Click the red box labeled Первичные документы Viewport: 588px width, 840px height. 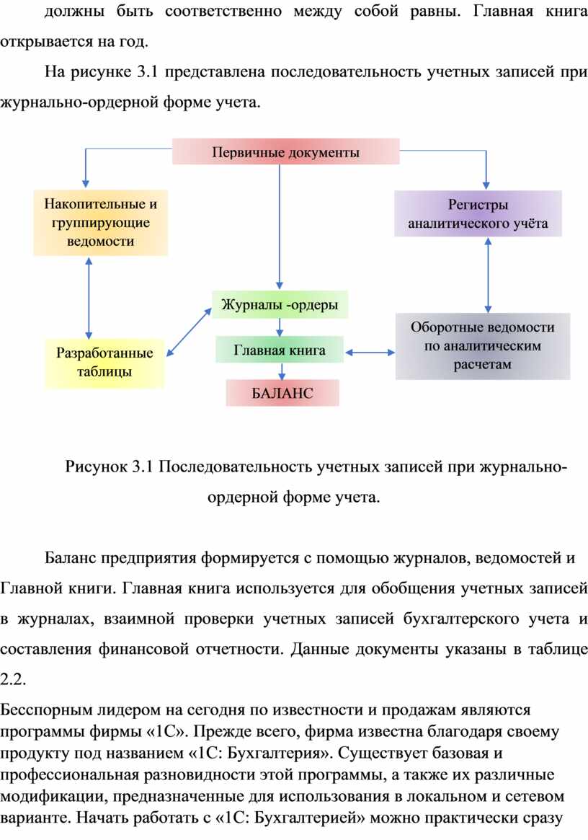tap(285, 151)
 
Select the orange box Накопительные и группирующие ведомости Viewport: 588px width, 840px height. tap(101, 222)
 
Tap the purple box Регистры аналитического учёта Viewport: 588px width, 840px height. tap(478, 213)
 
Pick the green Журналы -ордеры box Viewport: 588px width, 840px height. tap(280, 305)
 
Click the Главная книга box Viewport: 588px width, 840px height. tap(280, 350)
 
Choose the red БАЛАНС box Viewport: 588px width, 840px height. tap(282, 393)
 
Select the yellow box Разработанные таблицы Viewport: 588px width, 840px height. tap(104, 363)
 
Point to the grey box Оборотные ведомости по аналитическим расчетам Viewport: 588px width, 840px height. tap(483, 346)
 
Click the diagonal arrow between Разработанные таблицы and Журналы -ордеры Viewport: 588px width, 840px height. tap(189, 332)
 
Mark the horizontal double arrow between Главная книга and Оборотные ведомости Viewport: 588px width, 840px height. tap(370, 353)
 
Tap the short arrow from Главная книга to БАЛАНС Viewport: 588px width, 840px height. tap(282, 372)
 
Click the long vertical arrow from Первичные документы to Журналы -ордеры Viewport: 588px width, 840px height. tap(279, 227)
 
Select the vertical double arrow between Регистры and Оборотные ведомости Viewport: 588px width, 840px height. tap(488, 275)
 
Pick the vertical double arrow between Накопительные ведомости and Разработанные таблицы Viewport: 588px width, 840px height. tap(89, 298)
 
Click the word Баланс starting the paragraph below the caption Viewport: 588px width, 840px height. tap(70, 558)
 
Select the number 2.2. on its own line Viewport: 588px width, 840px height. tap(13, 679)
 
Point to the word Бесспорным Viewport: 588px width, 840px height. tap(46, 710)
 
